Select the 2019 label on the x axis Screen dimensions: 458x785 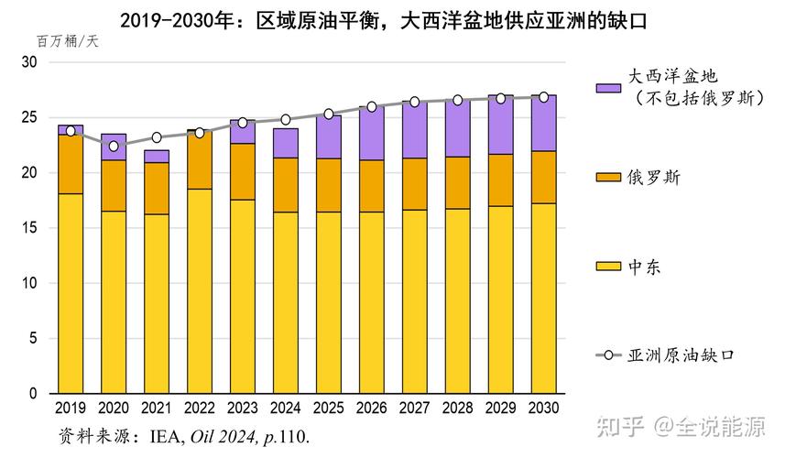(71, 407)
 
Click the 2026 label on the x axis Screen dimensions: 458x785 (372, 407)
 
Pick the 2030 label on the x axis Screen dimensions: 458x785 (544, 407)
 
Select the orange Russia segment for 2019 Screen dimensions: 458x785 (71, 164)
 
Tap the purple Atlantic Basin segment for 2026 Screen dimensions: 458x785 (372, 133)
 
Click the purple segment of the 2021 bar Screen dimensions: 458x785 (157, 156)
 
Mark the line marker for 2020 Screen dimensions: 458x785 (114, 146)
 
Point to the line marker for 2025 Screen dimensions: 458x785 (329, 114)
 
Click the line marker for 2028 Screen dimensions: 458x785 (458, 100)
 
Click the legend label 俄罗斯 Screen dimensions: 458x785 (651, 175)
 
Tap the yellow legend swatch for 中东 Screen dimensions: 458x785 (608, 266)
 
